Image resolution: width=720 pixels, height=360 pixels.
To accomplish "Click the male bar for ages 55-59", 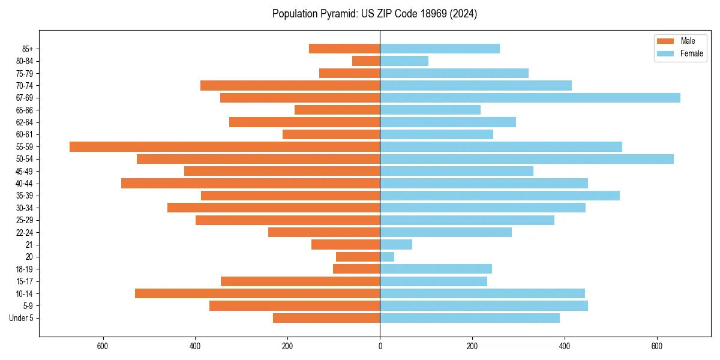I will (x=225, y=146).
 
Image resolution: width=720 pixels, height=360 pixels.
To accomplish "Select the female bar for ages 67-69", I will (x=530, y=98).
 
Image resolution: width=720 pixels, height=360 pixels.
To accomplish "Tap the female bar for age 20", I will (x=387, y=257).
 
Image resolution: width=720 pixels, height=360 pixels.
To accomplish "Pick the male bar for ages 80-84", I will (x=366, y=61).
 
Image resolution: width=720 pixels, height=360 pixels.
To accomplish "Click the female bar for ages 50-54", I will (x=527, y=159).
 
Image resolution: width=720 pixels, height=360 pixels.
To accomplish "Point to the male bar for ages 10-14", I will (x=257, y=293).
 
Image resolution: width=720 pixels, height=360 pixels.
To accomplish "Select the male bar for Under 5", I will (x=326, y=318).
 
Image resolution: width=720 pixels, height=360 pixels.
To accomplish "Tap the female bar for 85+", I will (x=440, y=49).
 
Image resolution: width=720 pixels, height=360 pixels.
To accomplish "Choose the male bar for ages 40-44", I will (x=251, y=183).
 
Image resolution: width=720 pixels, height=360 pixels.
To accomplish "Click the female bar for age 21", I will (x=396, y=244).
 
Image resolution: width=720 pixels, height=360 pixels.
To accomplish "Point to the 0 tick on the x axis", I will (x=380, y=346).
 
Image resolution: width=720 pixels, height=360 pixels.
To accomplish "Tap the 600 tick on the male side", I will (x=103, y=346).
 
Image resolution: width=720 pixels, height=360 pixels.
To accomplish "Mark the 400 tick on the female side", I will (x=565, y=346).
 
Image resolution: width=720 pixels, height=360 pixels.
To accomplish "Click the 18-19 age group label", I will (x=25, y=269).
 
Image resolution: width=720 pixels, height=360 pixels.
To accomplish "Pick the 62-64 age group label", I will (x=25, y=122).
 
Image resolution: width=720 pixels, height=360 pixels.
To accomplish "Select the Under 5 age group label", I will (x=22, y=318).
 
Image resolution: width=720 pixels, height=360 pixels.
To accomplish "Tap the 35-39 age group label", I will (x=25, y=196).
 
